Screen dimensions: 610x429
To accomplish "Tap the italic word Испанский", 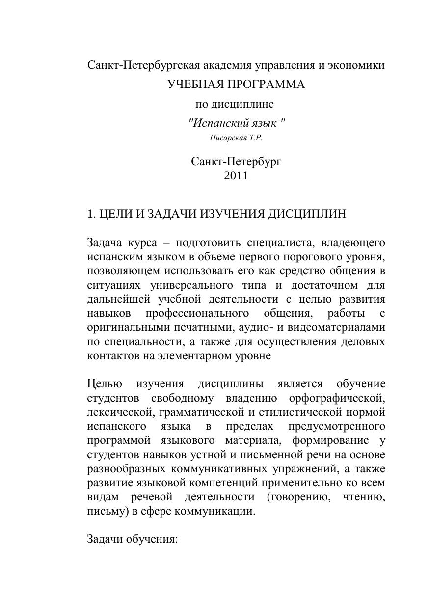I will click(214, 123).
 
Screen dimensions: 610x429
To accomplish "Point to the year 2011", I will click(236, 176).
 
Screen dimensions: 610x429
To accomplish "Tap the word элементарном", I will click(189, 356).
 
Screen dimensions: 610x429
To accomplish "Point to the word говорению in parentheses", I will click(298, 496).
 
